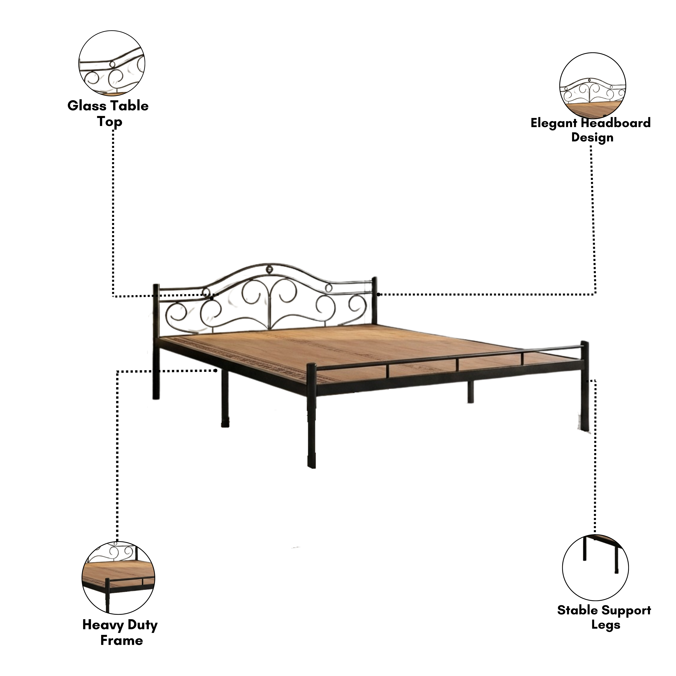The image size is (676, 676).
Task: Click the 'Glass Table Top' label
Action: coord(108,114)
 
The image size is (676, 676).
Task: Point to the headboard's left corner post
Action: coord(156,342)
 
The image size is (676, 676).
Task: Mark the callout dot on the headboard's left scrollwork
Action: coord(212,299)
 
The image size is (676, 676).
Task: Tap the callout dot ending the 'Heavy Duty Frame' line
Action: coord(216,371)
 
